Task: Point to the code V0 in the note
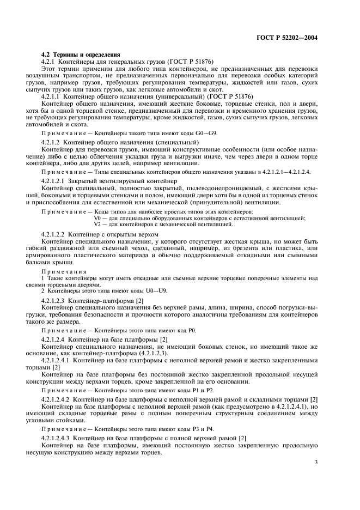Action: click(x=98, y=218)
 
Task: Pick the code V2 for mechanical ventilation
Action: click(x=98, y=224)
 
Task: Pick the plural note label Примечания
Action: click(x=64, y=271)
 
